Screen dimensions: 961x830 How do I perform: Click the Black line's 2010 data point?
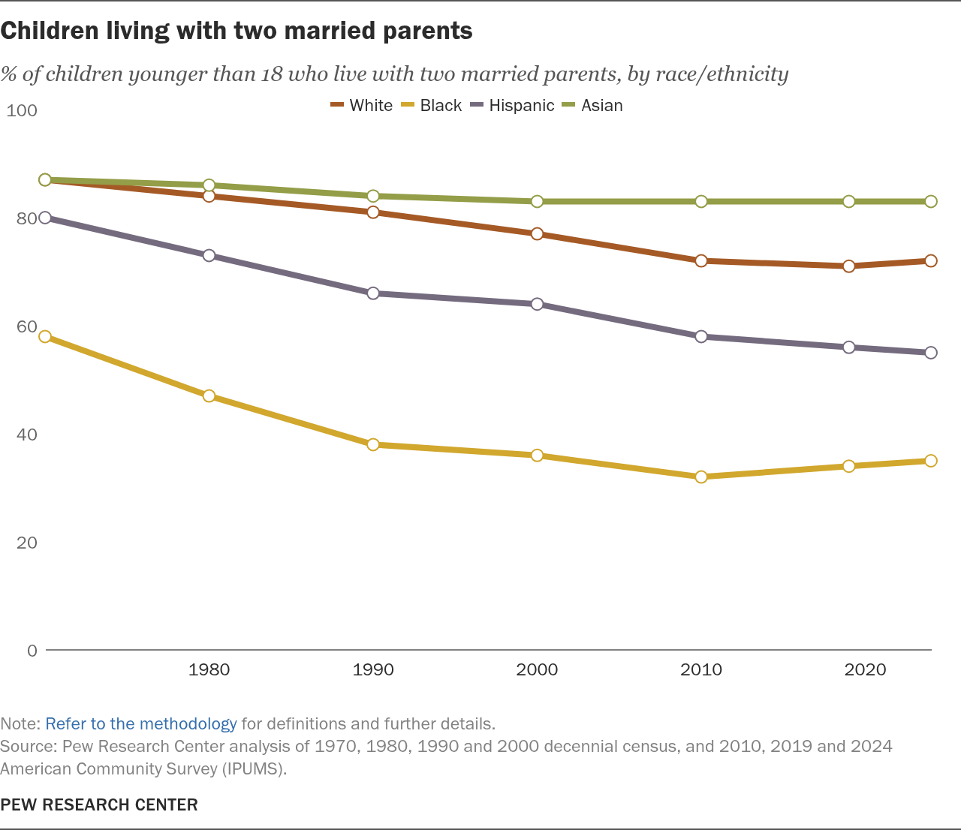click(700, 477)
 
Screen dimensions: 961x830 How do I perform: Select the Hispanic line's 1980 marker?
click(209, 256)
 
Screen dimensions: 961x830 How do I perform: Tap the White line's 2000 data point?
click(537, 233)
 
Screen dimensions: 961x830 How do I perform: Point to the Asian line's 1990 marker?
click(373, 196)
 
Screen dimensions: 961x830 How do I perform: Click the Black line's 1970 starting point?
click(45, 336)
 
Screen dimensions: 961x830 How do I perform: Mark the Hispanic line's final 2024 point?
click(931, 353)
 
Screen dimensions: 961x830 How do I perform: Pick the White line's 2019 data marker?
click(848, 266)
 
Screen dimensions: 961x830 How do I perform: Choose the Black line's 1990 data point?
click(373, 445)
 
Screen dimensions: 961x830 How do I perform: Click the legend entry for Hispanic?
click(513, 106)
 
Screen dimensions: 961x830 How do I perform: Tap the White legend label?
click(371, 106)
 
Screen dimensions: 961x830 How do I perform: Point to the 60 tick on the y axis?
click(26, 326)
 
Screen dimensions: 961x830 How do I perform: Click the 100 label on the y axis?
click(21, 110)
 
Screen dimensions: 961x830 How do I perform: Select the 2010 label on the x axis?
click(701, 669)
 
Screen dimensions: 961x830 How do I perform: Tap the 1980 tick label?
click(209, 669)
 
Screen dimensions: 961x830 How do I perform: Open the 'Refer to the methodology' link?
click(141, 723)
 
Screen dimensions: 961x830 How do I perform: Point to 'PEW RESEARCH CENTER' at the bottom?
click(99, 804)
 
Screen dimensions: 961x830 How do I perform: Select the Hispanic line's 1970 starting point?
click(45, 218)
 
